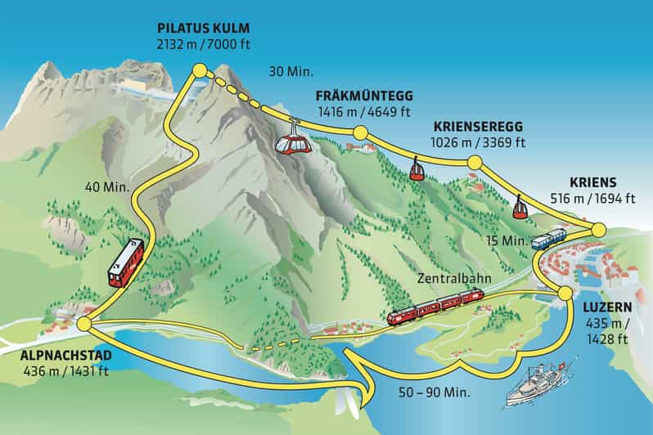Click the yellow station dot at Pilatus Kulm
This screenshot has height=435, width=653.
coord(198,71)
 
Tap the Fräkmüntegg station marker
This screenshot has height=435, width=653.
coord(359,133)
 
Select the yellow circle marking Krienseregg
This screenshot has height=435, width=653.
coord(473,163)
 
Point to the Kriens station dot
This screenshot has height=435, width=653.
coord(598,230)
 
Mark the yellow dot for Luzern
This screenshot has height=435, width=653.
coord(564,293)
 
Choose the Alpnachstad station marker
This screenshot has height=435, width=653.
coord(83,325)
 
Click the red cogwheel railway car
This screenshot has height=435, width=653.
coord(126,262)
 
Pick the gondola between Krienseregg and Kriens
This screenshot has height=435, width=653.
coord(519,209)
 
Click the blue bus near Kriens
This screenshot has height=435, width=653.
coord(548,239)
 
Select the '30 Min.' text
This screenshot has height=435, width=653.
coord(291,72)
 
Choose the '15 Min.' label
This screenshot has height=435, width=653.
coord(502,240)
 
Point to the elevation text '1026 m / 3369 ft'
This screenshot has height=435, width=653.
coord(479,142)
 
